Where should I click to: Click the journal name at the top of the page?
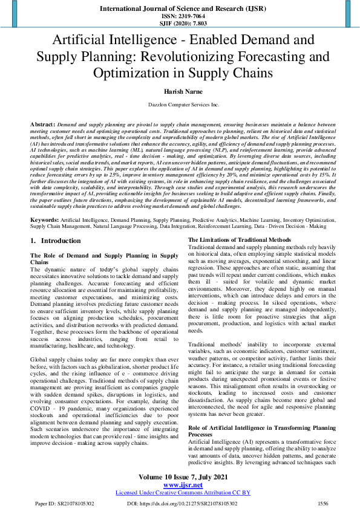click(x=180, y=8)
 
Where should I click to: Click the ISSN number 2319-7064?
click(x=180, y=16)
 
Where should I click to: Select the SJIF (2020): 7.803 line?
click(x=180, y=24)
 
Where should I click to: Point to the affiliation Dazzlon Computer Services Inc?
click(x=180, y=105)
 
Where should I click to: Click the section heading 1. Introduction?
click(x=56, y=224)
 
